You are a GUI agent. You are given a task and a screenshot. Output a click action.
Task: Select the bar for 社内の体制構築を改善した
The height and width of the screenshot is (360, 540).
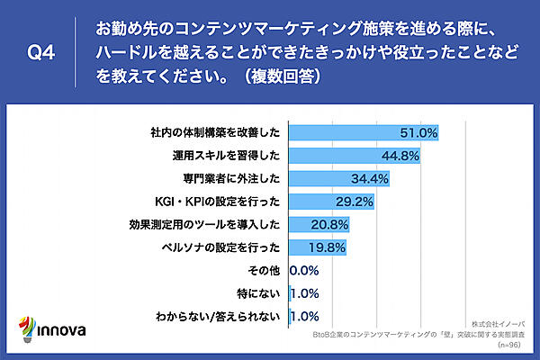(342, 133)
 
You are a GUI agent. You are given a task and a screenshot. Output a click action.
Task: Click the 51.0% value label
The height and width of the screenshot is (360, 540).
(419, 133)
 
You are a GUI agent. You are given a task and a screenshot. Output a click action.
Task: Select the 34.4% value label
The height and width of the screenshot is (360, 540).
(370, 178)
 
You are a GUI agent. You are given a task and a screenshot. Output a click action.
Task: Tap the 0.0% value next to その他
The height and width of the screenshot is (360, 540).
(305, 269)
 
